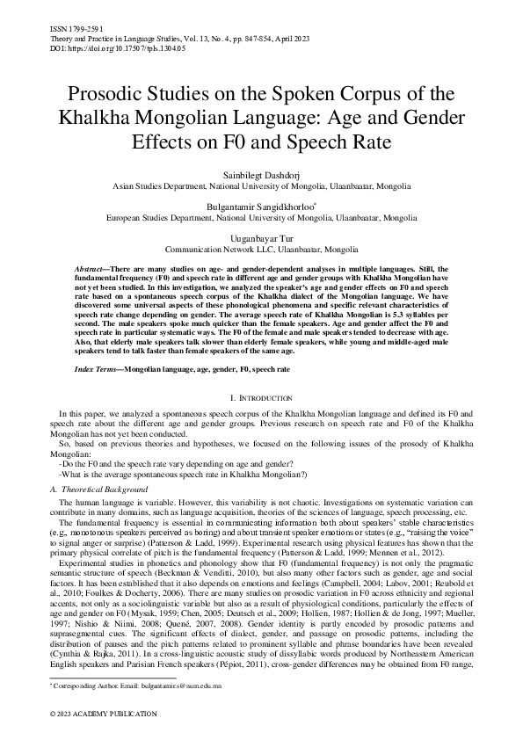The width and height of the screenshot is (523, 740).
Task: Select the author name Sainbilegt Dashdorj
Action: tap(261, 176)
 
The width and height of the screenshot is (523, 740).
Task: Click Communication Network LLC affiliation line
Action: tap(261, 249)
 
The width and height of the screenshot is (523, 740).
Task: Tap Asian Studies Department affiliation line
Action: tap(261, 187)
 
